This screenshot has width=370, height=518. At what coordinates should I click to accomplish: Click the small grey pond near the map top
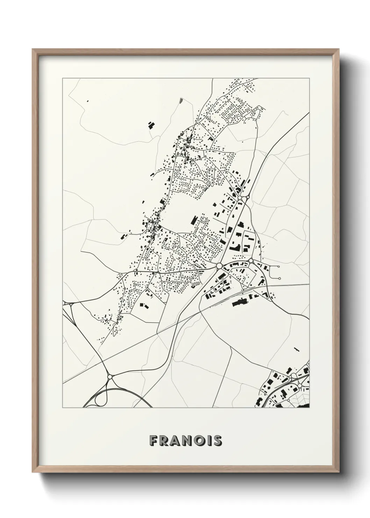click(x=180, y=100)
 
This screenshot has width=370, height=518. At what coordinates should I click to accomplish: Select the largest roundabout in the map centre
click(x=219, y=266)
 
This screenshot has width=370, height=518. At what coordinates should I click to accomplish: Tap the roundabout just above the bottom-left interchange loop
click(x=110, y=377)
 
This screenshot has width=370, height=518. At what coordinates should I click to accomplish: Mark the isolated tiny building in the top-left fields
click(x=87, y=101)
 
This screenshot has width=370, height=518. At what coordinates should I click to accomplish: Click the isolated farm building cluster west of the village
click(x=151, y=125)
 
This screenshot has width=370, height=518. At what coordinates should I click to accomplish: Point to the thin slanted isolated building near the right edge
click(x=297, y=349)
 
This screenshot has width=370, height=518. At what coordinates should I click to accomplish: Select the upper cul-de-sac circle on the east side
click(x=278, y=267)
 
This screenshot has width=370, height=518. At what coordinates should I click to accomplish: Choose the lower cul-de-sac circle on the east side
click(x=279, y=278)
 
